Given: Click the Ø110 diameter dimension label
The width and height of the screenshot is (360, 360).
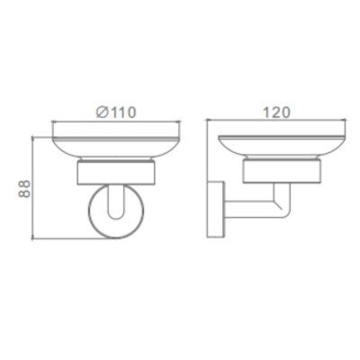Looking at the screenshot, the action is tap(116, 112).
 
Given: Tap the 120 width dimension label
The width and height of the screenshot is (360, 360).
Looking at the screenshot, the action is tap(276, 112).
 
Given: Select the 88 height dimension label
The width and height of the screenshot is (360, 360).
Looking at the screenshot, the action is tap(24, 189).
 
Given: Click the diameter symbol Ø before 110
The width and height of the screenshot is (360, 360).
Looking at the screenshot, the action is tap(102, 112).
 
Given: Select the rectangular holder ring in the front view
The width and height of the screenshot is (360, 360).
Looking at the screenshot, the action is tap(116, 174).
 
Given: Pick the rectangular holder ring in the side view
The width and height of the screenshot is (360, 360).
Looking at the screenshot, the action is tap(282, 171).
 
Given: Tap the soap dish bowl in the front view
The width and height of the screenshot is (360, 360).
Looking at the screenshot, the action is tap(116, 148).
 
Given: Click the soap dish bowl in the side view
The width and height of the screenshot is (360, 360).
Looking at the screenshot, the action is tap(282, 148).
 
